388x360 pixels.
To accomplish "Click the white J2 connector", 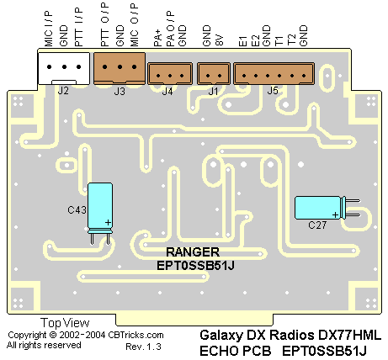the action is pos(64,68).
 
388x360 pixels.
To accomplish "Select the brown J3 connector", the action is pos(120,68).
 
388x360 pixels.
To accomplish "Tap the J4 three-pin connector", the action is pos(170,73).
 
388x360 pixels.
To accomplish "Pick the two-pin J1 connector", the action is pos(214,73).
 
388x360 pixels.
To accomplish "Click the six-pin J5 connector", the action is pos(274,73).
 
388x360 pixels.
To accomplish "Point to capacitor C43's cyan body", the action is pos(100,206).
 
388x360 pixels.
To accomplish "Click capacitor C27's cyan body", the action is pos(317,208).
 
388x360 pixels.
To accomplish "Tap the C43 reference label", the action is pos(77,209).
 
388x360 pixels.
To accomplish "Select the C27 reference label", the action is pos(317,225).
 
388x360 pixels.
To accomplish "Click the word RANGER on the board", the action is pos(193,252).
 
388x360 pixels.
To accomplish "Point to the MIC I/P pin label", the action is pos(48,29).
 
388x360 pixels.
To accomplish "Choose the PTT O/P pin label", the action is pos(104,24).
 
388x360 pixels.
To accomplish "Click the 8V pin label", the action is pos(220,40).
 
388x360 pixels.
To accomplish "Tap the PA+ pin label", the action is pos(158,38).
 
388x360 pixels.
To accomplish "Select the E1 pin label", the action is pos(243,41).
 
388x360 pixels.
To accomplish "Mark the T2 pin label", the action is pos(292,40).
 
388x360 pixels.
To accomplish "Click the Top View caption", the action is pos(65,323).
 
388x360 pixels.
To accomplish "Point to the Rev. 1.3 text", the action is pos(143,347).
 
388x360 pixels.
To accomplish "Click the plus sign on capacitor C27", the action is pos(335,214).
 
